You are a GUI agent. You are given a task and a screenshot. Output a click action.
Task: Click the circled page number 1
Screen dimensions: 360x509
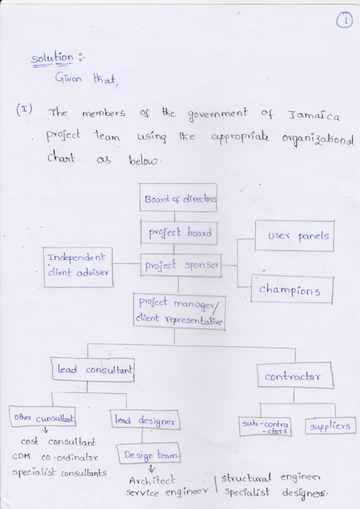point(344,20)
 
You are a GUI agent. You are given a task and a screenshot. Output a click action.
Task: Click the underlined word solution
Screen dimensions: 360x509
point(52,59)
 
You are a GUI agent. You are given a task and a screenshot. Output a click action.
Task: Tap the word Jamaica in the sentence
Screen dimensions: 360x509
point(314,115)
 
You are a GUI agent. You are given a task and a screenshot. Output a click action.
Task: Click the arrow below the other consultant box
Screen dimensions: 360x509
point(46,430)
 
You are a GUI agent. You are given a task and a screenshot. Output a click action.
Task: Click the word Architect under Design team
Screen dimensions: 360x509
point(152,480)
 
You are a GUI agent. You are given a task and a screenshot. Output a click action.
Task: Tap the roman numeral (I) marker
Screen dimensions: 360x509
point(24,109)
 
